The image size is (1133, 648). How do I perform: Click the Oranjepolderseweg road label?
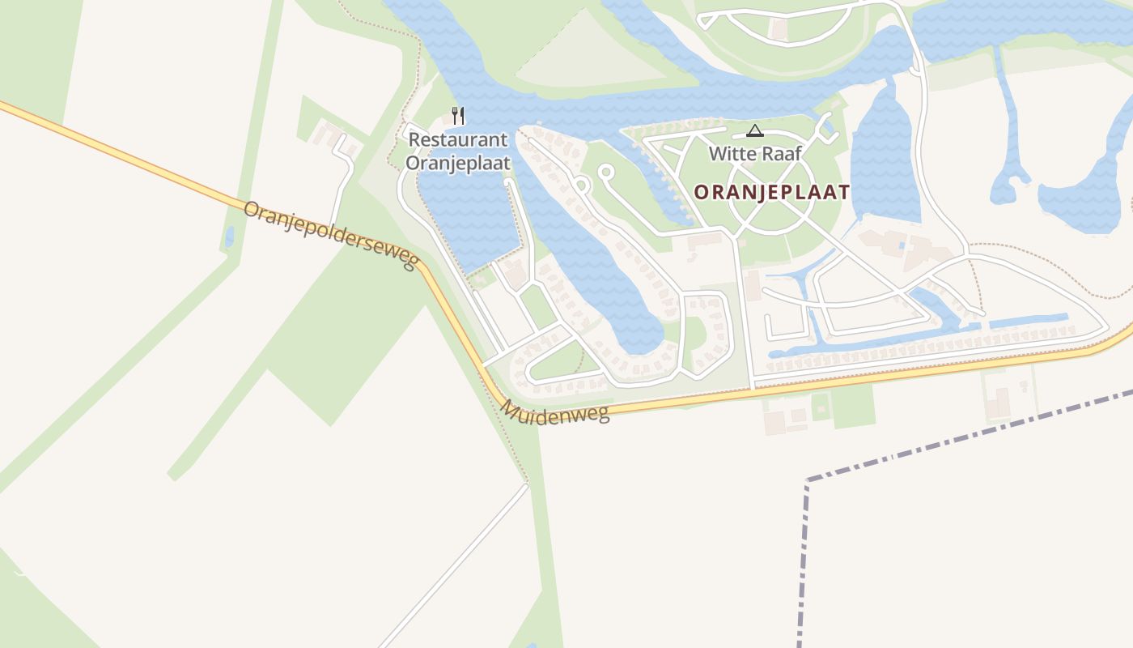330,235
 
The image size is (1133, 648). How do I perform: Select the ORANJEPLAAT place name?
772,192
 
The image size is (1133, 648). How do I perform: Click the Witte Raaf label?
755,153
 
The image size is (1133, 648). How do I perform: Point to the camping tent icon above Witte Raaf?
755,130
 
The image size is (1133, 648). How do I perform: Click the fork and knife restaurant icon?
458,116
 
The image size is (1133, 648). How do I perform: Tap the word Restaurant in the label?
458,139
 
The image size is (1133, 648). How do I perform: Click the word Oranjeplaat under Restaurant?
458,163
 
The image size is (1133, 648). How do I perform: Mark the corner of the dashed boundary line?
808,480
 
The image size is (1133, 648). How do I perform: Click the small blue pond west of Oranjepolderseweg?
230,237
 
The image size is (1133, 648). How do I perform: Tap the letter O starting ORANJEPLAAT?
702,192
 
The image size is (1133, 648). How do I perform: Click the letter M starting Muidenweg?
509,408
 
